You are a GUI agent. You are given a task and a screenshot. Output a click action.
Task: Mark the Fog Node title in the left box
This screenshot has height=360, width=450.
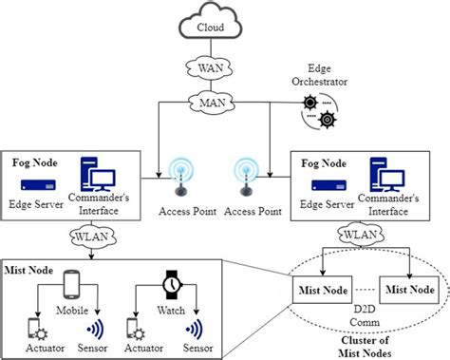[31, 161]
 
